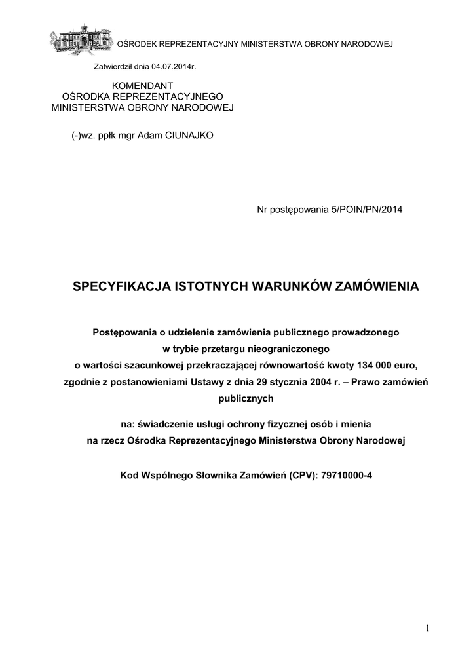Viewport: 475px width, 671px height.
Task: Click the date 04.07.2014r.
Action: (x=174, y=67)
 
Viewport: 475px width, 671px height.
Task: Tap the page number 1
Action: (x=427, y=629)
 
